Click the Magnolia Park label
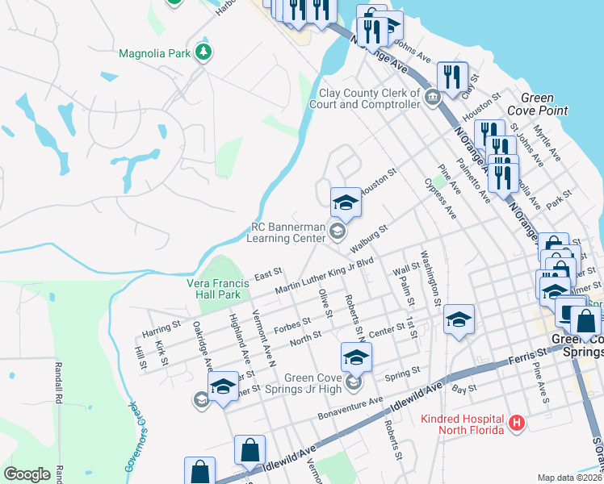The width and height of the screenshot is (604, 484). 153,54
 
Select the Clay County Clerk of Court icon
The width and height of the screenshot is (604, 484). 433,98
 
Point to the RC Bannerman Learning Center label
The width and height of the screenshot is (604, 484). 290,233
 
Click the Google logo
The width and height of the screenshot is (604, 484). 27,474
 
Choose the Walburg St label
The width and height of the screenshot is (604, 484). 370,240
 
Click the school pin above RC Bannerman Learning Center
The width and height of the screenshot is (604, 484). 346,202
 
